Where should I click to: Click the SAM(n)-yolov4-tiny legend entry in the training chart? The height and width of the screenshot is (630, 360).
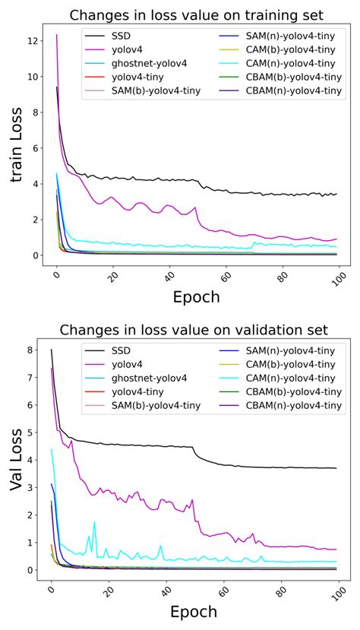[286, 36]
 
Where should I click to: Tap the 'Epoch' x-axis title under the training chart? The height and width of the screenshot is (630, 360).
[196, 296]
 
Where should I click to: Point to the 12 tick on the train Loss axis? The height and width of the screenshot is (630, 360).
[33, 40]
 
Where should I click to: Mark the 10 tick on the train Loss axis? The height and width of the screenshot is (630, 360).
[33, 76]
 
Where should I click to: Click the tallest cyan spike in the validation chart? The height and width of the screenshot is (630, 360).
[94, 521]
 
